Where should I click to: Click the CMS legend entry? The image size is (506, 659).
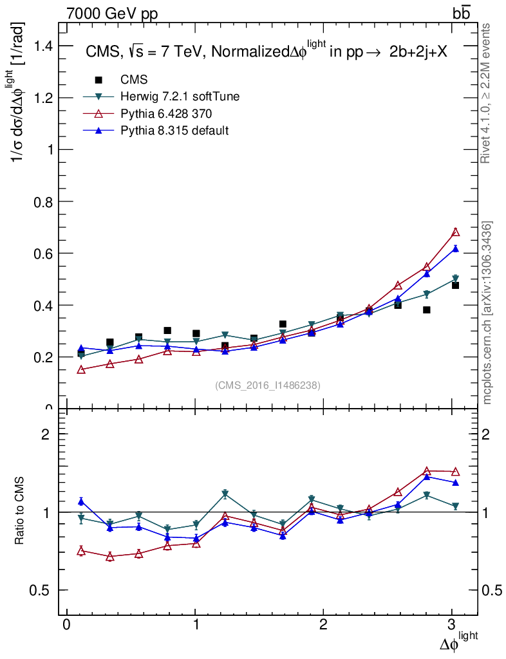pyautogui.click(x=134, y=80)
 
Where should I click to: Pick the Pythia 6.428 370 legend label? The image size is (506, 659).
pyautogui.click(x=166, y=114)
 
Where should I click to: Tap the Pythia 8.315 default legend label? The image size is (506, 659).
pyautogui.click(x=174, y=131)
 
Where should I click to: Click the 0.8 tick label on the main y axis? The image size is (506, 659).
pyautogui.click(x=44, y=201)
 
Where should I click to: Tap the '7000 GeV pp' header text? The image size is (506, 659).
pyautogui.click(x=112, y=13)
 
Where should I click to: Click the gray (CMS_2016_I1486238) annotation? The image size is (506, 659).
pyautogui.click(x=268, y=385)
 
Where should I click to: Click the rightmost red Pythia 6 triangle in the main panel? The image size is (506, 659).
pyautogui.click(x=455, y=232)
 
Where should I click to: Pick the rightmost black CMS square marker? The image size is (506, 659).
pyautogui.click(x=455, y=285)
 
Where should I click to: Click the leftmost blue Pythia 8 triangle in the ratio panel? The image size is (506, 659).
pyautogui.click(x=81, y=501)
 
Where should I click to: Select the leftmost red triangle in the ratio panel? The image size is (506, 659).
pyautogui.click(x=81, y=550)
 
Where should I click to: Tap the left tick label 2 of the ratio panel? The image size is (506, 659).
pyautogui.click(x=46, y=434)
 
